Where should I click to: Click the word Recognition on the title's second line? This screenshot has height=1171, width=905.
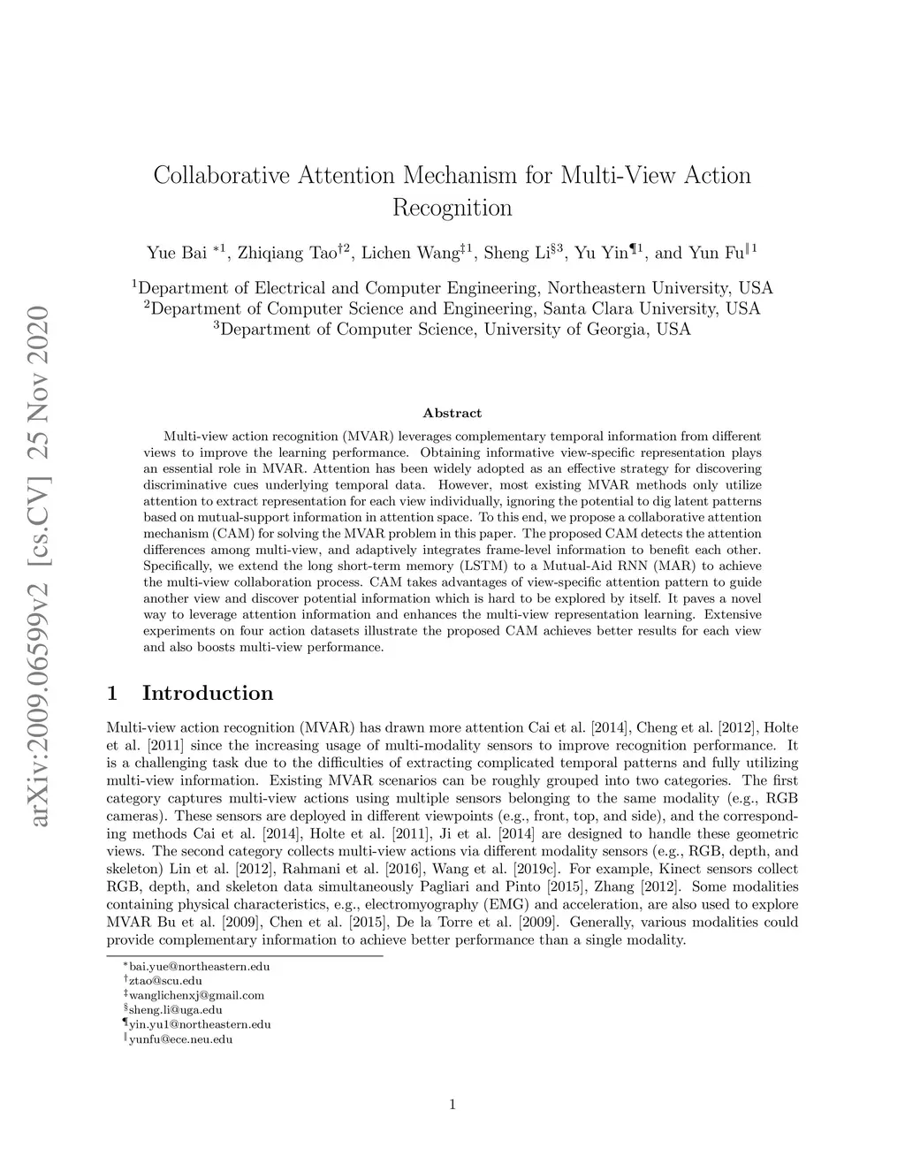pos(452,209)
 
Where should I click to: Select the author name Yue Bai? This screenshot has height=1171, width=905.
pos(176,253)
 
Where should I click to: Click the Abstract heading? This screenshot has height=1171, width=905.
pos(452,413)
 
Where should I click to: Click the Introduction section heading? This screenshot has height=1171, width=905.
pos(207,694)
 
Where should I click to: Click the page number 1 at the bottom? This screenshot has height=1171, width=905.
pos(452,1103)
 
